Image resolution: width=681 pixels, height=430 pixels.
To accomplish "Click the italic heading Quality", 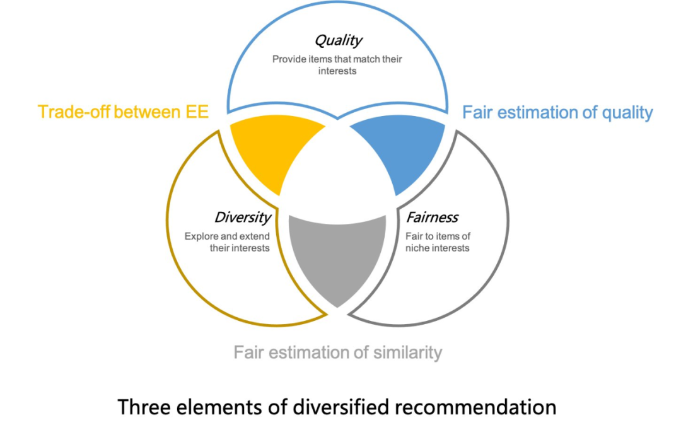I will [x=338, y=41].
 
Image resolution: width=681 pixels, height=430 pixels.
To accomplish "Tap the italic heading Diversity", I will [x=243, y=218].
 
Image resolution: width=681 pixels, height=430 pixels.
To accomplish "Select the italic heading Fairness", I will [x=432, y=218].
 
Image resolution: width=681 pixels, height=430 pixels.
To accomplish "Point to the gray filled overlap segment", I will [x=337, y=252].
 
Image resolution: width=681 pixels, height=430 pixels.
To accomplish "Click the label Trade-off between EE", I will [x=123, y=112].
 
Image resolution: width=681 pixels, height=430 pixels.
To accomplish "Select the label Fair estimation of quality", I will [x=557, y=113].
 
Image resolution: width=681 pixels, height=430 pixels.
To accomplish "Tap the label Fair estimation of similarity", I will [x=337, y=352].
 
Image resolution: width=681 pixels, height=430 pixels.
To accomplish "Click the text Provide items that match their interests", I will [x=337, y=65].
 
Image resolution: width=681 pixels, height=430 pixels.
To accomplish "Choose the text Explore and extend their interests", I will [x=227, y=242].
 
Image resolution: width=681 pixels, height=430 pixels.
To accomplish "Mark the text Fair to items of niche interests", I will [x=438, y=242].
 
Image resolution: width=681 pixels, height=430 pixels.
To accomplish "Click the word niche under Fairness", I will [x=419, y=248].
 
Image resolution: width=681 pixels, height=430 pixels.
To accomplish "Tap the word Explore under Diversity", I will [x=201, y=236].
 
